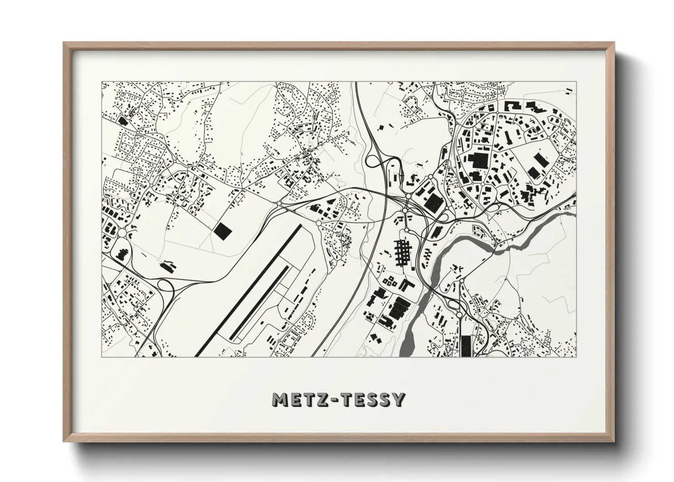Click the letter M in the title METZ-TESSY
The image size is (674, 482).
(x=279, y=400)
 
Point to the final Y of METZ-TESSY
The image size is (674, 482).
(x=398, y=400)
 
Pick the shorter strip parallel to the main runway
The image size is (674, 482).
(x=260, y=303)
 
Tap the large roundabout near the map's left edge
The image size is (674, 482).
(x=122, y=233)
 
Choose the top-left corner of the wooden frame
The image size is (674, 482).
(x=65, y=44)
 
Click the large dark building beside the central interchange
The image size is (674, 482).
(x=434, y=201)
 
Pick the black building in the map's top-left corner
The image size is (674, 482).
(x=122, y=121)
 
